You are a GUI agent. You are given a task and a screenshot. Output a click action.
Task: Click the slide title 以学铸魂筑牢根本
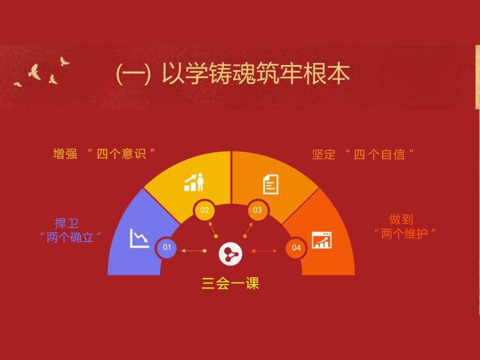coord(256,74)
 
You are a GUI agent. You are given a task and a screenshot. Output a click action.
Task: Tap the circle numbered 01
coord(167,247)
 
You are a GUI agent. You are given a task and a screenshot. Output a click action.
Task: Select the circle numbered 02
coord(205,210)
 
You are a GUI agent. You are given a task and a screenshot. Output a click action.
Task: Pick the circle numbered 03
coord(258,210)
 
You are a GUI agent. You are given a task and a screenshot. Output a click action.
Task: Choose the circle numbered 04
coord(296,248)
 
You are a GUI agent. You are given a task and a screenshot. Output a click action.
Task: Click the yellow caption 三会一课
coord(231,283)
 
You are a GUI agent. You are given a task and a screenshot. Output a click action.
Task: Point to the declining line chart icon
coord(139,238)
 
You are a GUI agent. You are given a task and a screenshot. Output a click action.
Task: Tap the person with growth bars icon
coord(194,182)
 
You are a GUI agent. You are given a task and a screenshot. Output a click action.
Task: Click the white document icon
coord(271,185)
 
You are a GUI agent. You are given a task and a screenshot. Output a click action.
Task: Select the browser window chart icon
coord(322,240)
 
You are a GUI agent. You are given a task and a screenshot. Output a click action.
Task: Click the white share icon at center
coord(231,254)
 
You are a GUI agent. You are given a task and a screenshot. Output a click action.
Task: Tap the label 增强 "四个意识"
coord(104,154)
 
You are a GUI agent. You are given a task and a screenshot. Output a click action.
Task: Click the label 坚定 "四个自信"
coord(363,154)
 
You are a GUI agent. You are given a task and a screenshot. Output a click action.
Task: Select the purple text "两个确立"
coord(71,238)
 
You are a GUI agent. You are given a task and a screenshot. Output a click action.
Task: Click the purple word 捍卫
coord(67,223)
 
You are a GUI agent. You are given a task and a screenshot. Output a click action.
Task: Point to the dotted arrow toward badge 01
coord(194,251)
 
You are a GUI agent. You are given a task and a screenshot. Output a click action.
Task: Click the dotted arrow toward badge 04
coord(264,251)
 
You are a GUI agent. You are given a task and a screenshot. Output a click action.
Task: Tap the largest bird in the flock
coord(35,72)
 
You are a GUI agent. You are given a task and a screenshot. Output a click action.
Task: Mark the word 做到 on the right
coord(401,219)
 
